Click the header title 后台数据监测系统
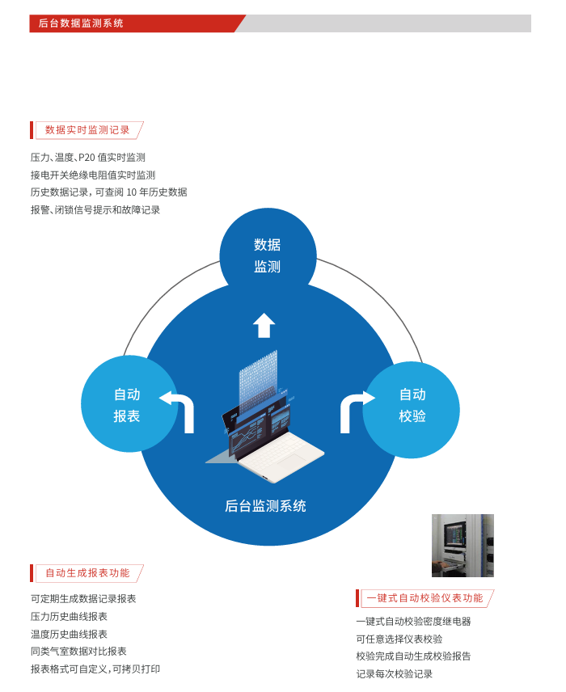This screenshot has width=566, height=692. pyautogui.click(x=81, y=23)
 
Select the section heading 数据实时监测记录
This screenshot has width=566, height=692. pyautogui.click(x=87, y=129)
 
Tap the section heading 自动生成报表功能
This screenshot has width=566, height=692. pyautogui.click(x=87, y=573)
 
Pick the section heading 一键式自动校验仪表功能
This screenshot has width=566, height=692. pyautogui.click(x=424, y=598)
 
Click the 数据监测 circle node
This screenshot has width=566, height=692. pyautogui.click(x=268, y=255)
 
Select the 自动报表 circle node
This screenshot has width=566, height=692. pyautogui.click(x=128, y=405)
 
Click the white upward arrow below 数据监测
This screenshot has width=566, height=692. pyautogui.click(x=264, y=326)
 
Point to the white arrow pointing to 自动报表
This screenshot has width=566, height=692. pyautogui.click(x=179, y=407)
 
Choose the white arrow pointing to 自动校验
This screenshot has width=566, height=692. pyautogui.click(x=354, y=407)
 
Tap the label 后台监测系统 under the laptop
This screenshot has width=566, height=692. pyautogui.click(x=265, y=507)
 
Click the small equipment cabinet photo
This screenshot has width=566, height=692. pyautogui.click(x=463, y=546)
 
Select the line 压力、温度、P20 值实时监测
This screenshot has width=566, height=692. pyautogui.click(x=88, y=158)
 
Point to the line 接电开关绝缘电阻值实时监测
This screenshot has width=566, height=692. pyautogui.click(x=93, y=175)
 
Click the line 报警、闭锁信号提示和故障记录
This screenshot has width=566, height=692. pyautogui.click(x=95, y=209)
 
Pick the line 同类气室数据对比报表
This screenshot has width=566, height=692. pyautogui.click(x=78, y=651)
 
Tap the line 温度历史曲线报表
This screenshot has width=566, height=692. pyautogui.click(x=69, y=634)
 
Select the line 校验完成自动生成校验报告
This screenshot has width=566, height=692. pyautogui.click(x=413, y=656)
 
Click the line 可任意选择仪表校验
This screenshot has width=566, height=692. pyautogui.click(x=399, y=639)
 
